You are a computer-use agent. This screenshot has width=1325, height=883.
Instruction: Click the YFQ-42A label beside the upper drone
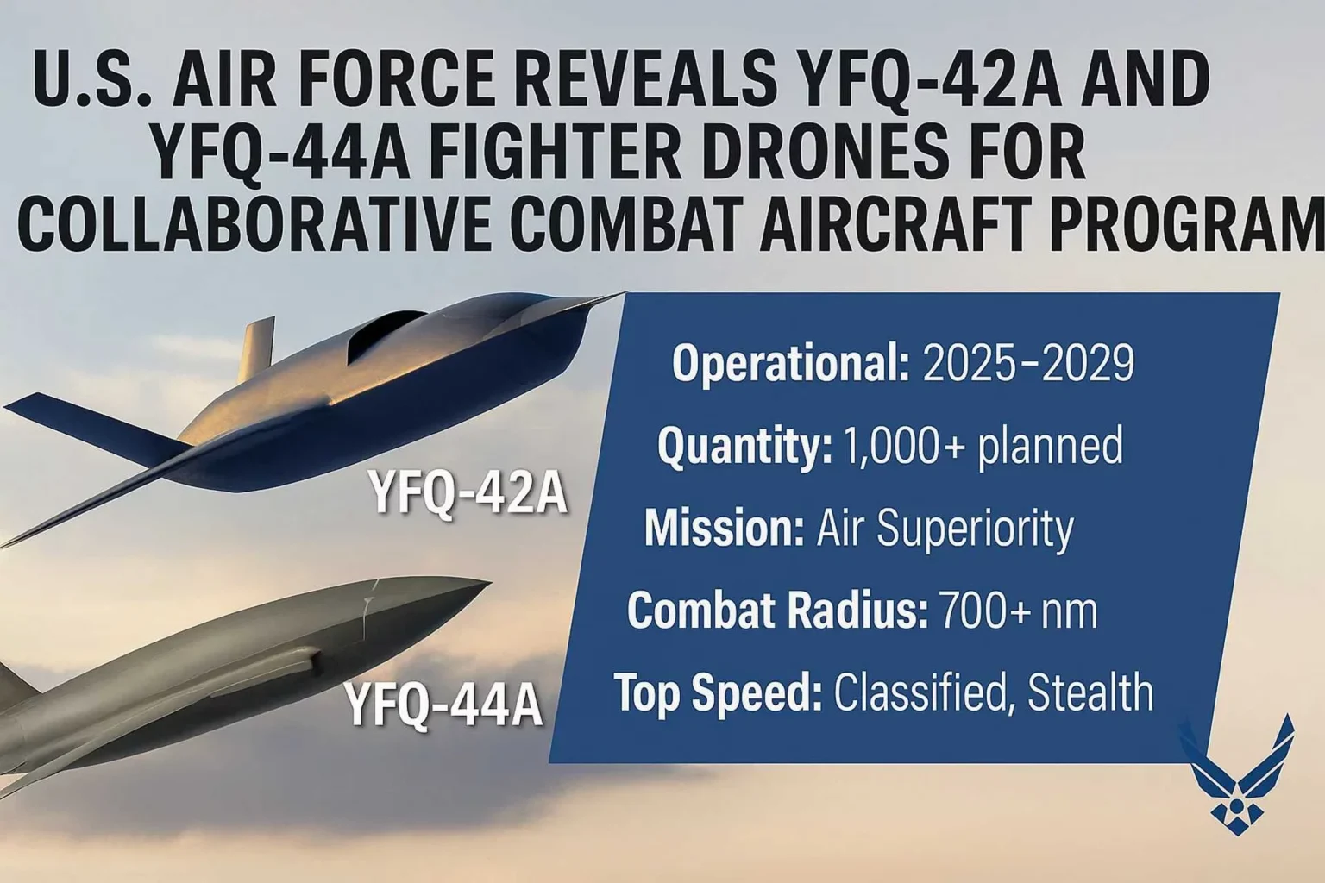[468, 492]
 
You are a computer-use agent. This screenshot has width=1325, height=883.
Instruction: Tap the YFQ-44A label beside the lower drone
[444, 705]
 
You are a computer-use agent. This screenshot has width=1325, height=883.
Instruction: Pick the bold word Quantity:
[744, 447]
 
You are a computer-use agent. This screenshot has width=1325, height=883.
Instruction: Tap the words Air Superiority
[945, 528]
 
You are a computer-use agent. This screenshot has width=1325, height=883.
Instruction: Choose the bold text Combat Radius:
[777, 611]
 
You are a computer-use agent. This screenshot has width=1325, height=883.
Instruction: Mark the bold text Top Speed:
[718, 692]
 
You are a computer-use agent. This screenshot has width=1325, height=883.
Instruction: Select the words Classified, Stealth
[994, 692]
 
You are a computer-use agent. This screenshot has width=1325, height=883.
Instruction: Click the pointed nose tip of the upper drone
[623, 295]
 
